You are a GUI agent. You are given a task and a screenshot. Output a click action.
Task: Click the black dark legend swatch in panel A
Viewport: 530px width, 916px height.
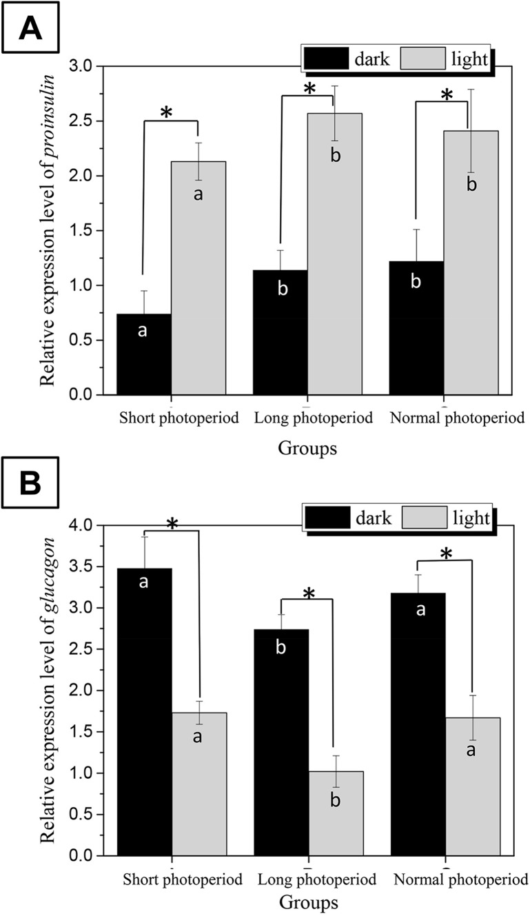328,59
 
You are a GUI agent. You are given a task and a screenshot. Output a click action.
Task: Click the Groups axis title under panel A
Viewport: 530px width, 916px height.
308,449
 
